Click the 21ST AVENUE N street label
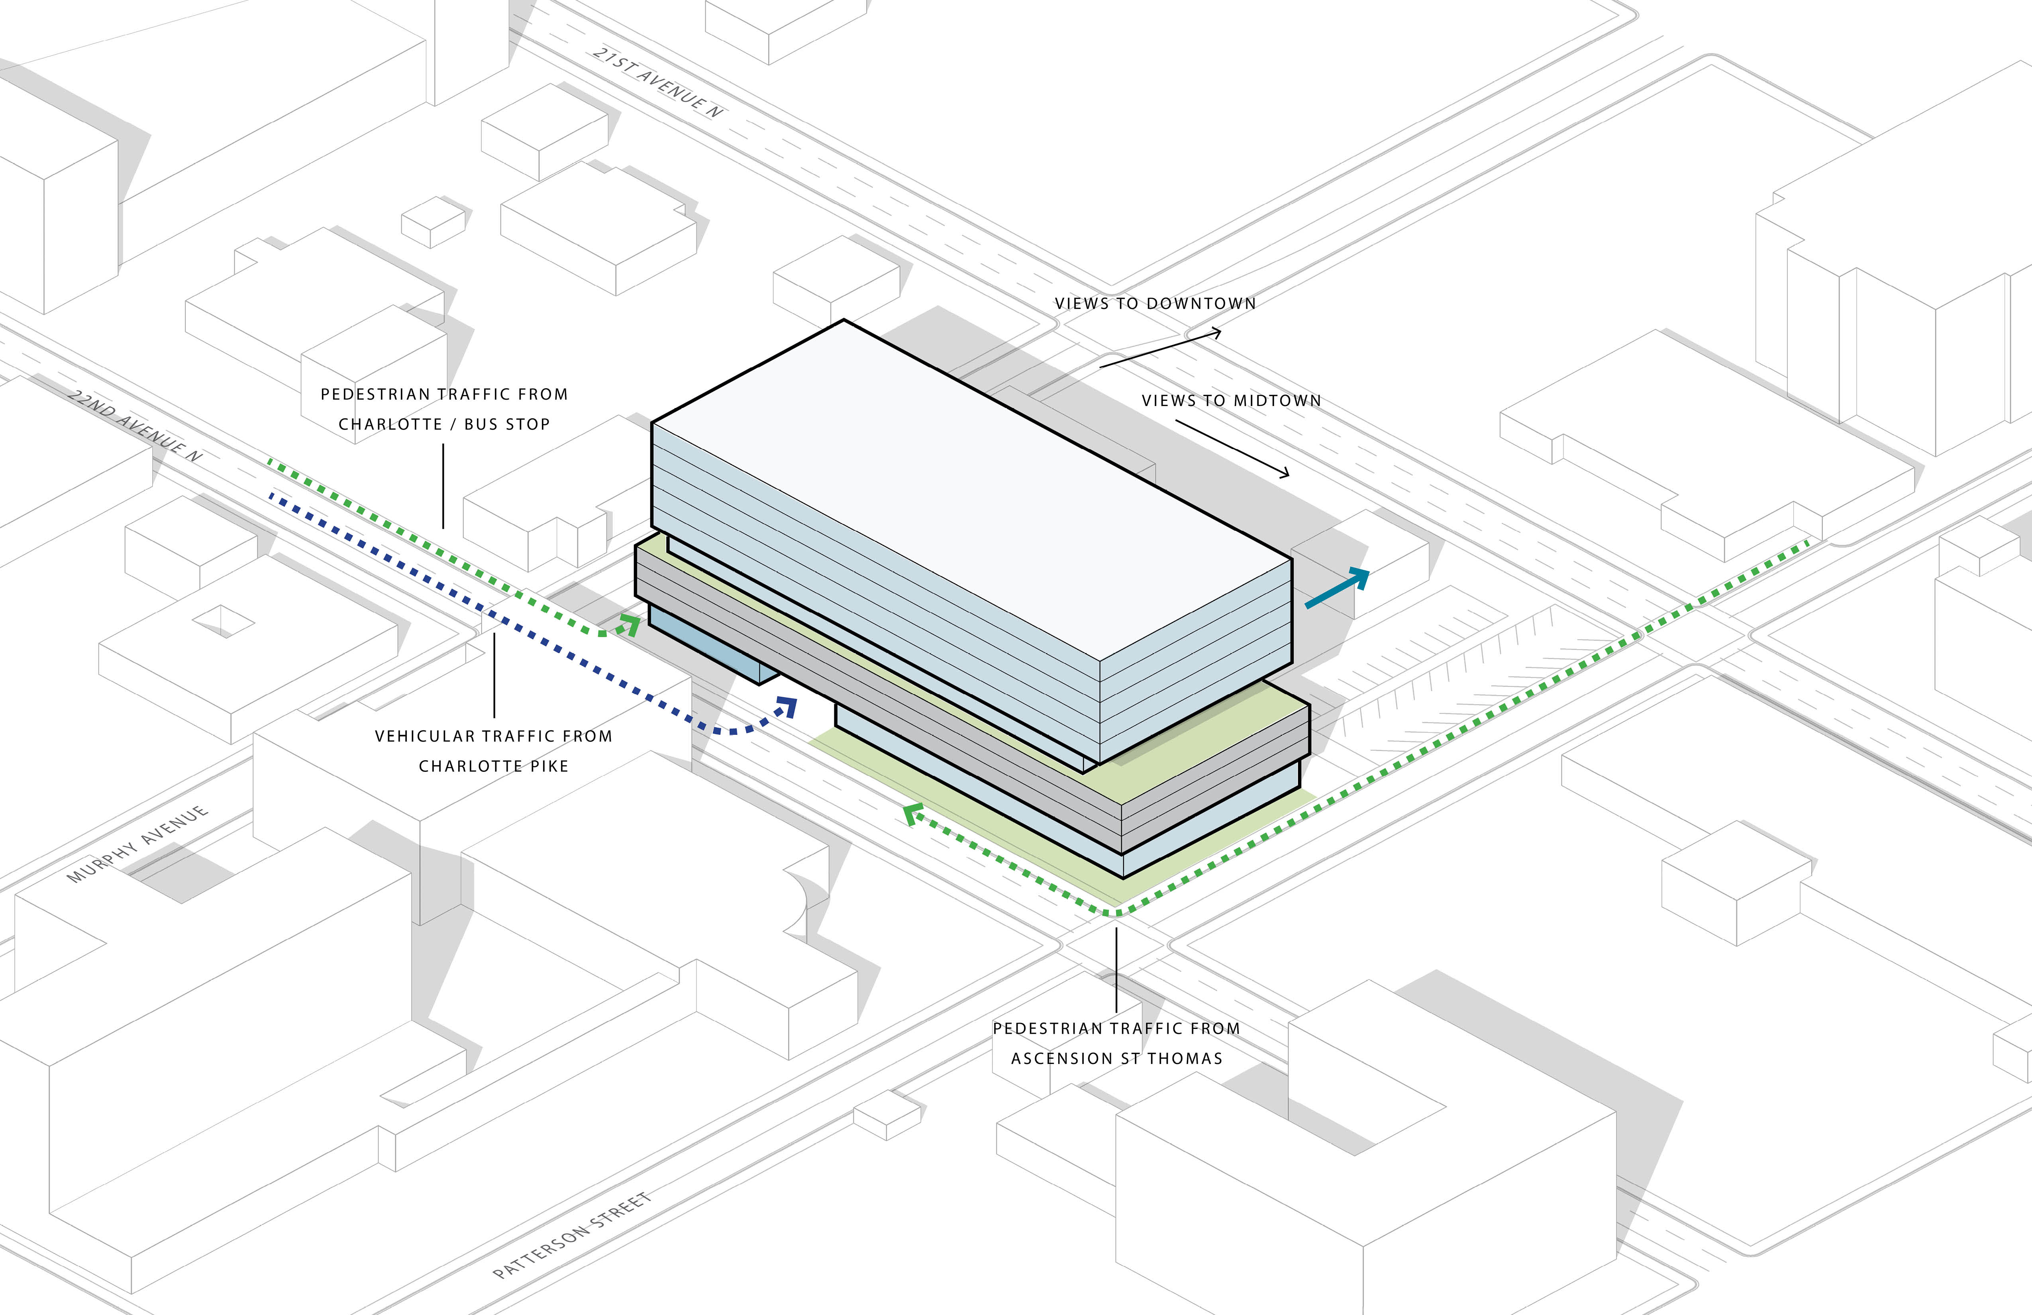[x=657, y=82]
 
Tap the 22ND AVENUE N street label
[x=135, y=426]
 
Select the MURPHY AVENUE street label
[x=137, y=844]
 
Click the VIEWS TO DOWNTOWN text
[x=1155, y=303]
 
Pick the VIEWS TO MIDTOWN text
[x=1231, y=400]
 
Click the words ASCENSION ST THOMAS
[x=1117, y=1059]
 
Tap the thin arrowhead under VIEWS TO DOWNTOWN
[x=1215, y=333]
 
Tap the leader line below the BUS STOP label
[x=443, y=486]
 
